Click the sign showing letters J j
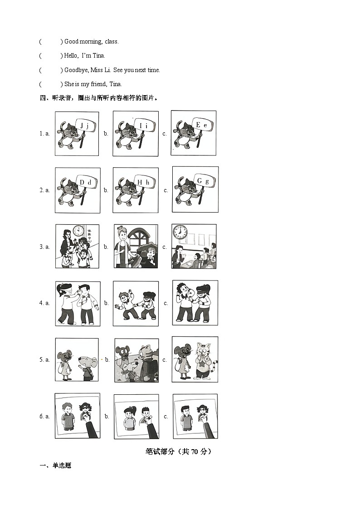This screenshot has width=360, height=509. (85, 126)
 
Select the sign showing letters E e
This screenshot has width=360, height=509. (202, 125)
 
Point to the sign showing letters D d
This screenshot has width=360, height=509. (86, 182)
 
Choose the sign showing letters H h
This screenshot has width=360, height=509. (144, 182)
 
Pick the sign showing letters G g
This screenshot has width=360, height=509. (203, 181)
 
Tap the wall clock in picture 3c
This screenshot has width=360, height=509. (180, 232)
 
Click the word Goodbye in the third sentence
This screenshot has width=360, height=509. (76, 70)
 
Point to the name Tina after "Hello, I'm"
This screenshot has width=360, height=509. (98, 56)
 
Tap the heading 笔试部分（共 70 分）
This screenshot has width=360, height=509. (179, 451)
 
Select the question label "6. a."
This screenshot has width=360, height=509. (44, 416)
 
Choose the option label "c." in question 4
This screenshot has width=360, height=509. (165, 303)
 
